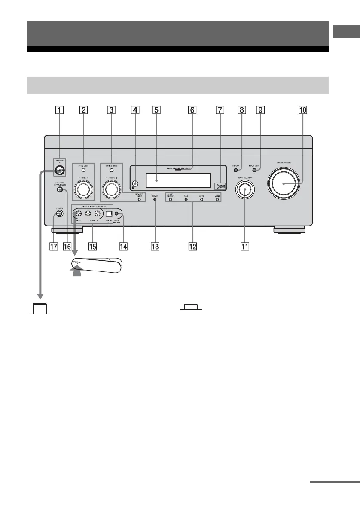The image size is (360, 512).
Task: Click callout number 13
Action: (x=155, y=247)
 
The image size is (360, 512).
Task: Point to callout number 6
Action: (x=192, y=110)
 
